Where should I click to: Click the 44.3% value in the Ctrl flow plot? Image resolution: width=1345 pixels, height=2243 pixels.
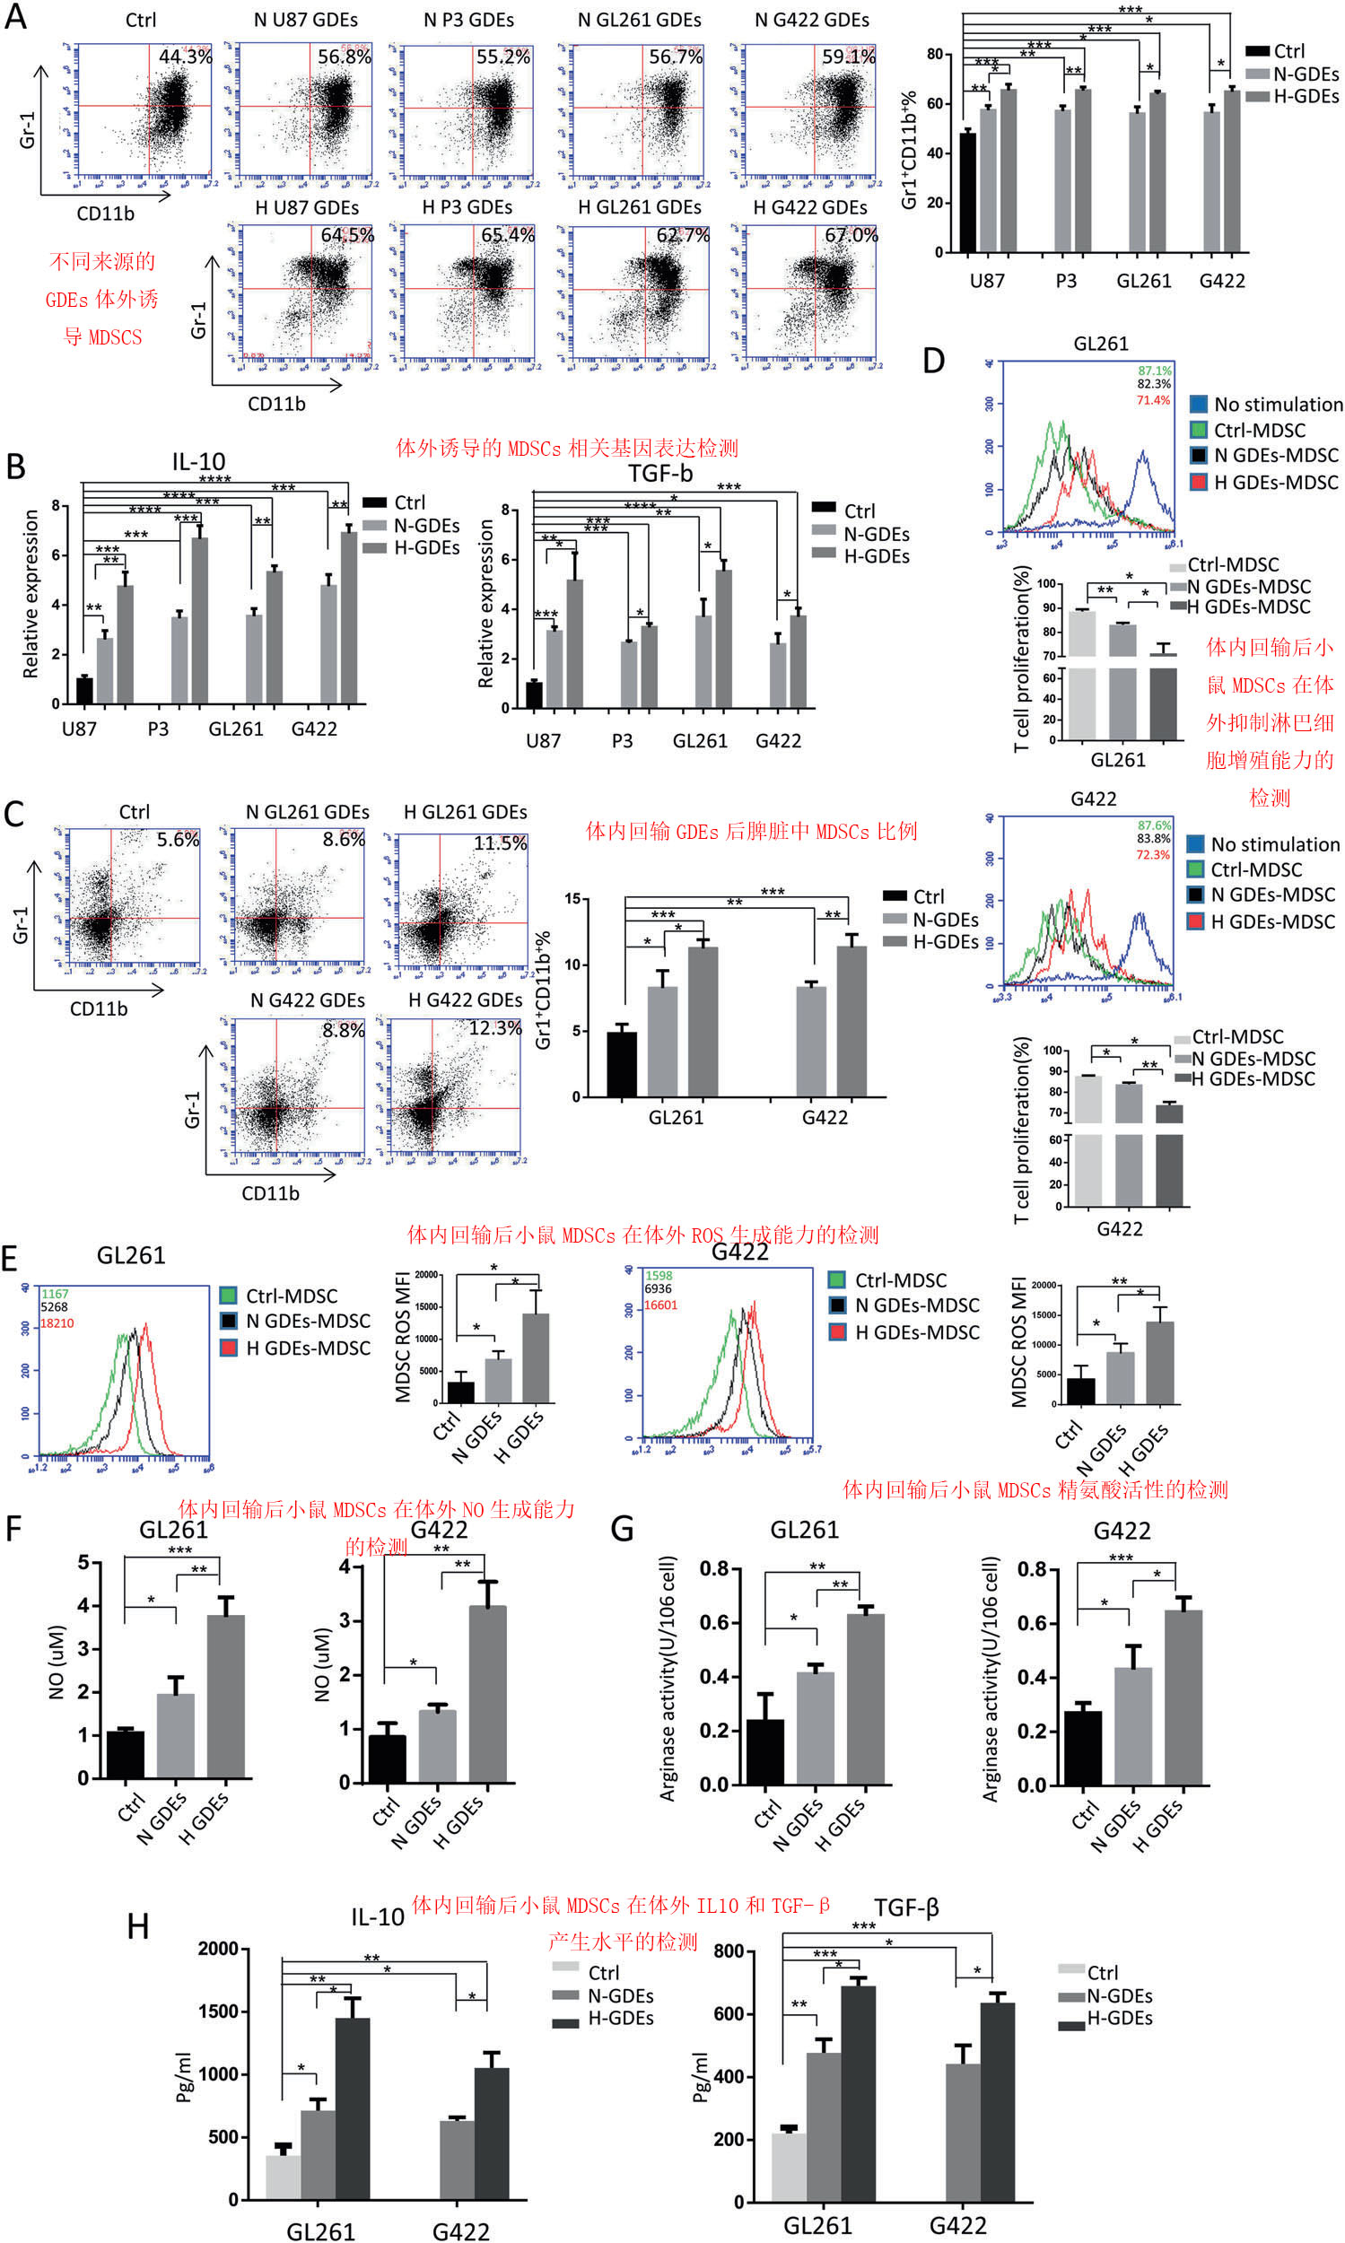click(x=185, y=57)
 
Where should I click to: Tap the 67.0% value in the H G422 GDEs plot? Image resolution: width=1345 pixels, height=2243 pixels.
click(x=850, y=235)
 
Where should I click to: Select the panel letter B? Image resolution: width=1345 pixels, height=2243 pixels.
click(x=15, y=467)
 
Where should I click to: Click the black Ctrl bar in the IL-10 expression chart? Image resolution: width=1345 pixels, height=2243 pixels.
click(x=84, y=691)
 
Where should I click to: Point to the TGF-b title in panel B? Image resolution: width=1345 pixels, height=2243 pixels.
click(x=660, y=473)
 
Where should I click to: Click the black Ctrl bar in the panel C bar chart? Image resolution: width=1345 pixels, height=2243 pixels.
click(x=622, y=1064)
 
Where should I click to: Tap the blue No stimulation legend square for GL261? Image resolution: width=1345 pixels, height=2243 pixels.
click(x=1198, y=405)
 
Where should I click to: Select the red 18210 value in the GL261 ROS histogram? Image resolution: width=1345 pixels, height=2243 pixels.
click(x=57, y=1323)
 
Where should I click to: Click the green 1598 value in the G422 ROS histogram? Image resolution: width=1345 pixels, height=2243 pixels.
click(x=658, y=1275)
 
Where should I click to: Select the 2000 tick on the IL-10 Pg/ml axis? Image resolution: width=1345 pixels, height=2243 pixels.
click(x=217, y=1949)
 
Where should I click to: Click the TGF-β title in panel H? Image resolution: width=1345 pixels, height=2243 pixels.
click(x=905, y=1907)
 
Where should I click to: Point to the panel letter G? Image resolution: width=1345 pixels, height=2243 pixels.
click(x=622, y=1529)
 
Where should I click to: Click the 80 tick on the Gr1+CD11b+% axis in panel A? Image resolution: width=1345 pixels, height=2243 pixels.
click(x=933, y=55)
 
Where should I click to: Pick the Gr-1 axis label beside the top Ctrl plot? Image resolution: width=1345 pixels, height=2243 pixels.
click(x=27, y=130)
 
